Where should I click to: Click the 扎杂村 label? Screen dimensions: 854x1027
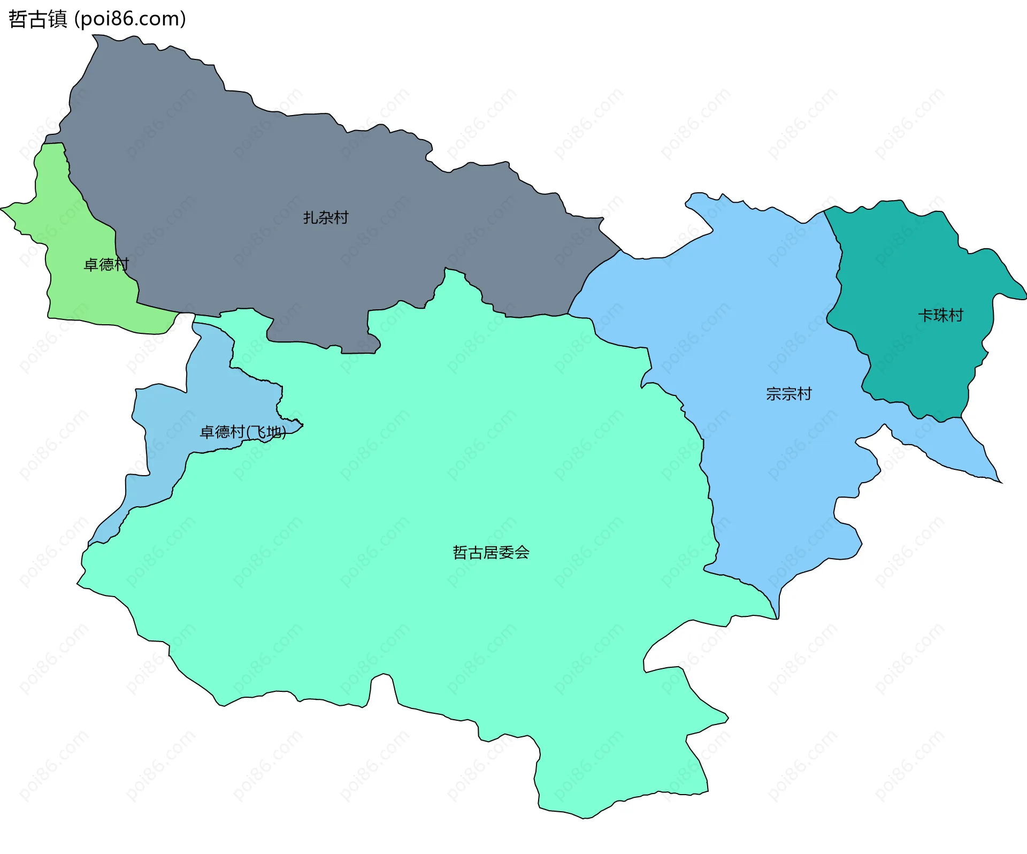pos(326,218)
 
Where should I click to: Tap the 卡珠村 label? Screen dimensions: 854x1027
pos(940,315)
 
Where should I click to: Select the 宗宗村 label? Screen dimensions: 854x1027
pos(788,394)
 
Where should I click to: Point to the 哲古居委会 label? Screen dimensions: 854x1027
pos(491,552)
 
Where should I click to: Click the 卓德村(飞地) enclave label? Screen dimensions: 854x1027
pos(242,432)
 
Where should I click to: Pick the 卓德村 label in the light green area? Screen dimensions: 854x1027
pos(106,264)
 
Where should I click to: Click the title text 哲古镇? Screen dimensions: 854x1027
pos(37,19)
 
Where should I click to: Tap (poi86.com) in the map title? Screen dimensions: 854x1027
pos(130,19)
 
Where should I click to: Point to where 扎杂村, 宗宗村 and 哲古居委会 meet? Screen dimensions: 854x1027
pos(568,314)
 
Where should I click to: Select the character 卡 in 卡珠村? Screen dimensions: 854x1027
pos(925,315)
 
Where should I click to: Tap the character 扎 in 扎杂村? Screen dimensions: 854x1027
pos(311,218)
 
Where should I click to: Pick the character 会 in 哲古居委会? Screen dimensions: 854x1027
pos(522,552)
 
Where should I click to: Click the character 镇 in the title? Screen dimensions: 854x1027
pos(57,19)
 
